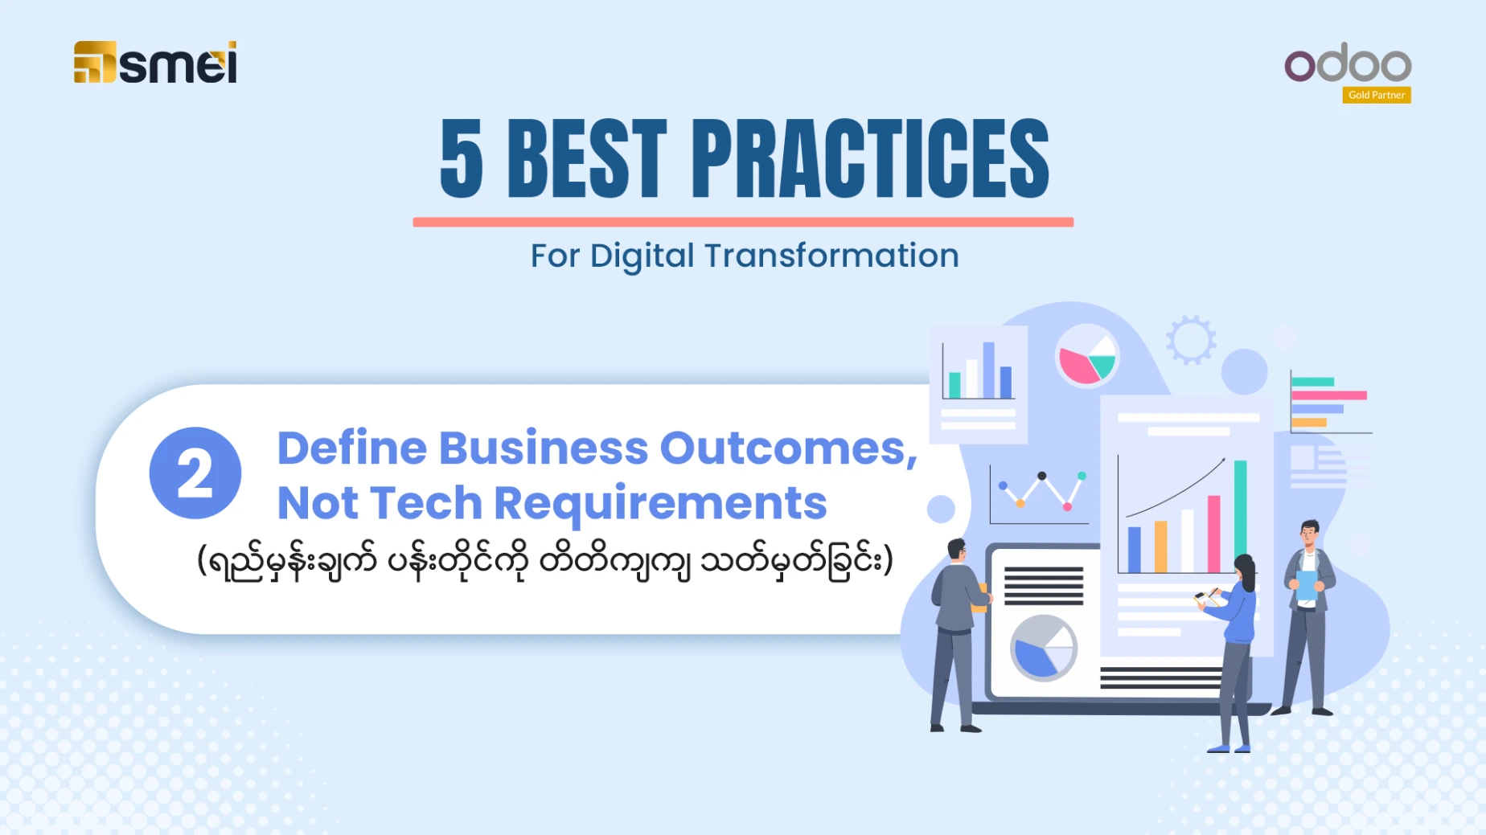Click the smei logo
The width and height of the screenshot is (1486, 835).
[x=155, y=62]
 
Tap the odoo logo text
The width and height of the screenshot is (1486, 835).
[x=1348, y=63]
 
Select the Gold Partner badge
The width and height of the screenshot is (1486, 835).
[x=1377, y=95]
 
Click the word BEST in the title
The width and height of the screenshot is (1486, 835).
[x=587, y=158]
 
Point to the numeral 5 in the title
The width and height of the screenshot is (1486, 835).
[x=462, y=158]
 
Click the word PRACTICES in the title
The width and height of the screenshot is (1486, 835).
[x=870, y=158]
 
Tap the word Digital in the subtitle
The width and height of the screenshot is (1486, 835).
[x=642, y=256]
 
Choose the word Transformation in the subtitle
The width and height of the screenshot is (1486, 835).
[x=831, y=256]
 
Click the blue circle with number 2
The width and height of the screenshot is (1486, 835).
[x=195, y=473]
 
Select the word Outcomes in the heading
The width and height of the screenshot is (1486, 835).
[x=789, y=448]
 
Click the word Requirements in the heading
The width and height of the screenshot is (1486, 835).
[x=660, y=504]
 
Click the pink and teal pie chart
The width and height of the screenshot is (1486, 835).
[x=1087, y=357]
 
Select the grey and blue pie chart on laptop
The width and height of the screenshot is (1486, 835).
[x=1044, y=648]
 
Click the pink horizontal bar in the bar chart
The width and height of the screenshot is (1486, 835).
[x=1328, y=395]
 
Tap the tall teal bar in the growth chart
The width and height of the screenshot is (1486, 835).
[x=1240, y=515]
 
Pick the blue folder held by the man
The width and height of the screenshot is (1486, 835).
[x=1307, y=586]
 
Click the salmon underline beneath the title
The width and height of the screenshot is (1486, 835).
[x=743, y=222]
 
